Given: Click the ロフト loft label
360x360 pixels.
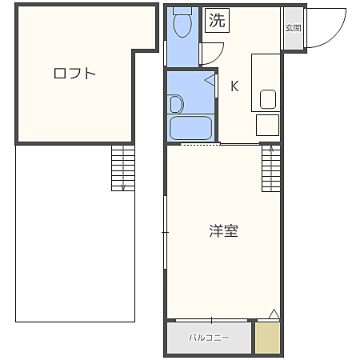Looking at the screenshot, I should pyautogui.click(x=74, y=74).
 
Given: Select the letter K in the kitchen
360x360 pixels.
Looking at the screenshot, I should pyautogui.click(x=235, y=86).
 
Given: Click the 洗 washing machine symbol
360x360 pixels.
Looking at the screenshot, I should pyautogui.click(x=217, y=21).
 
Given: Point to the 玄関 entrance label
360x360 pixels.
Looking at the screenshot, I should pyautogui.click(x=293, y=28).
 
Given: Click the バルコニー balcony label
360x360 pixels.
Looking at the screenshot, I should pyautogui.click(x=209, y=338).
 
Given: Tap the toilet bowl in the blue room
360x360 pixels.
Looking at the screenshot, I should pyautogui.click(x=182, y=27).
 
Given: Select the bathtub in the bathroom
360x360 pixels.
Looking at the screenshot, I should pyautogui.click(x=191, y=128).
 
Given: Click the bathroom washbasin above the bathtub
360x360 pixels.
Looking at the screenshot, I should pyautogui.click(x=176, y=103).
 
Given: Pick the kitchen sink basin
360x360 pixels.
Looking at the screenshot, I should pyautogui.click(x=268, y=99).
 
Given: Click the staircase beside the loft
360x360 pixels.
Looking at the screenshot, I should pyautogui.click(x=122, y=168).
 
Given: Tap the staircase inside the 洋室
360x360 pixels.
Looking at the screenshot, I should pyautogui.click(x=272, y=168).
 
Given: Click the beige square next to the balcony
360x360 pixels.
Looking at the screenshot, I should pyautogui.click(x=268, y=338).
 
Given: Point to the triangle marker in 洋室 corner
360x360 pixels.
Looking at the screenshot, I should pyautogui.click(x=274, y=313).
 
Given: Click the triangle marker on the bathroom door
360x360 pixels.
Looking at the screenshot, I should pyautogui.click(x=210, y=80).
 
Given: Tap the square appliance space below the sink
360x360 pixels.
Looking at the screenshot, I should pyautogui.click(x=267, y=126).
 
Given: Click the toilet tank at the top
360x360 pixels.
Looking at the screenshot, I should pyautogui.click(x=182, y=11).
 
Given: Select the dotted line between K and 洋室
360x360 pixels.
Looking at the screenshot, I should pyautogui.click(x=200, y=145).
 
